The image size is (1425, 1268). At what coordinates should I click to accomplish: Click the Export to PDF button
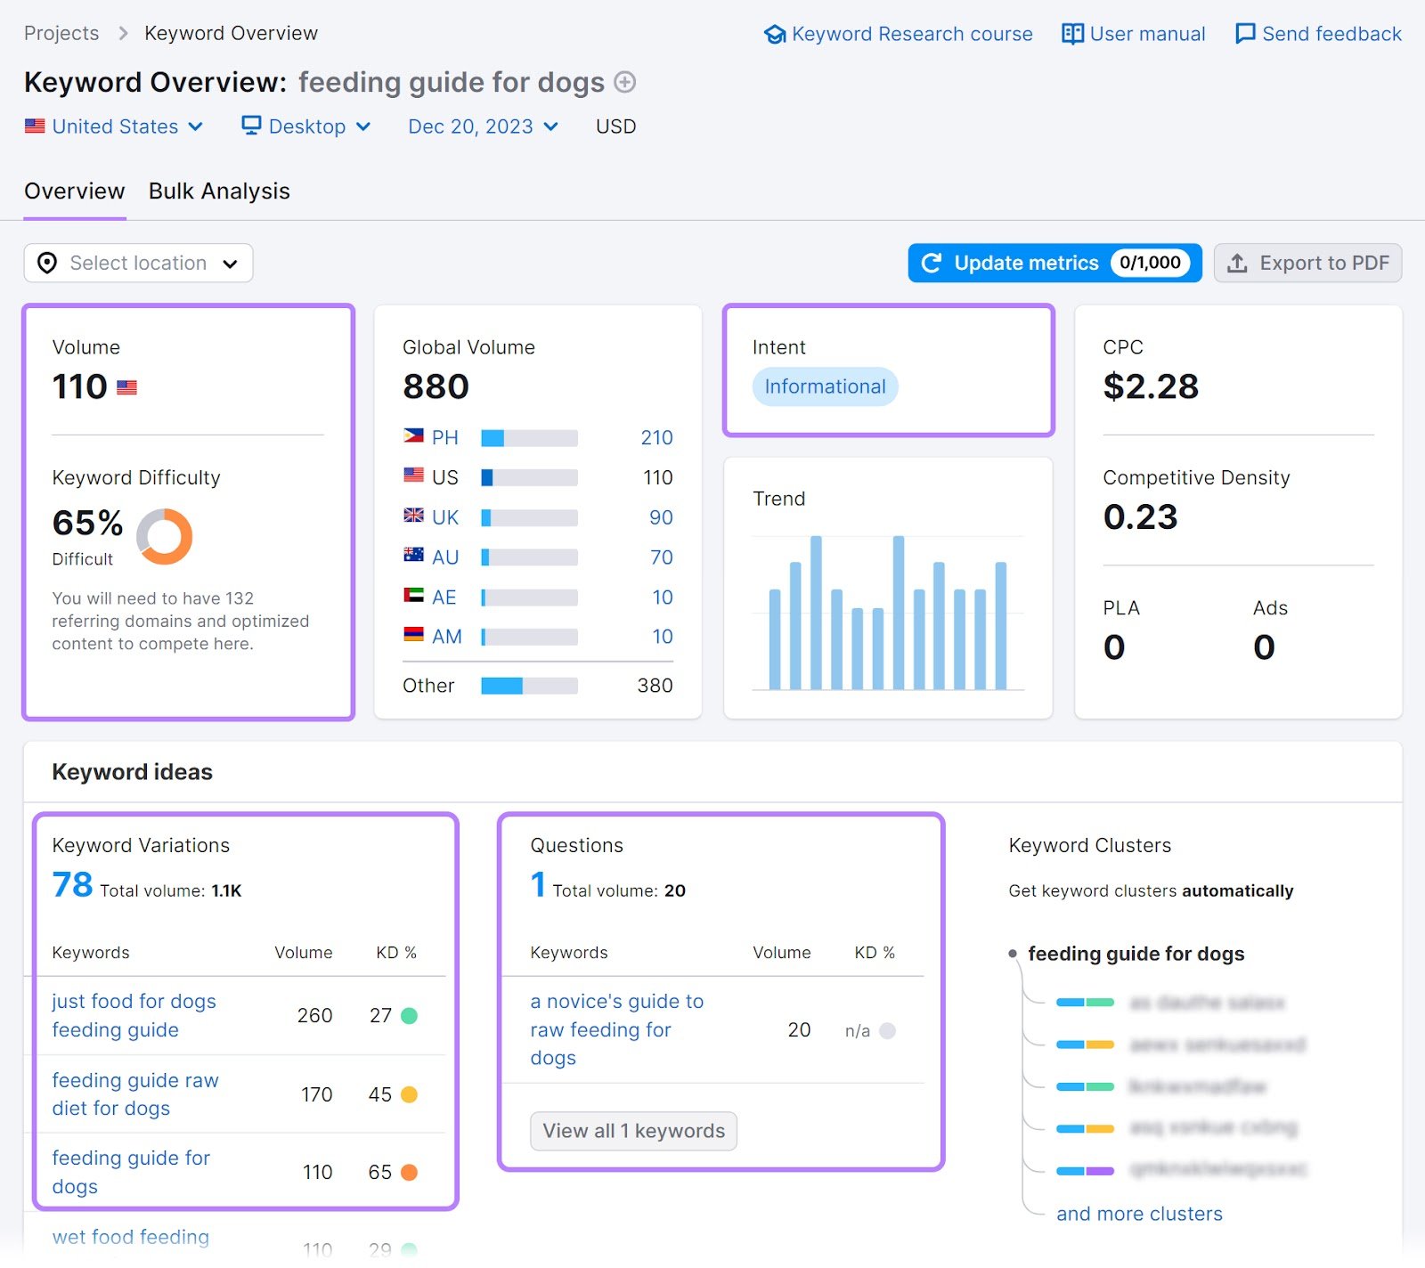point(1307,263)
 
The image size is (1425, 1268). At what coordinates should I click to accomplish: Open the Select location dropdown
point(138,263)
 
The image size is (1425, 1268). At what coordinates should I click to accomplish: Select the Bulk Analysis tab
point(219,191)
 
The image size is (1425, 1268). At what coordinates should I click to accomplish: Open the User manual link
point(1133,34)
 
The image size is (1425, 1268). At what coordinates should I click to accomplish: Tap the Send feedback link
point(1318,34)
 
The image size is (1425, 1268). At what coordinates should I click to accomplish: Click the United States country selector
point(114,126)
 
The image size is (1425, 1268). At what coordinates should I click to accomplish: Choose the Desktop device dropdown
point(306,126)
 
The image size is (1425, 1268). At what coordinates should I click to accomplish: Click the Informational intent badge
point(825,386)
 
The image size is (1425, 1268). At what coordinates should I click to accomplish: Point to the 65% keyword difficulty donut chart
point(165,536)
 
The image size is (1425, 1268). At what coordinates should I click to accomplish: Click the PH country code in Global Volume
point(444,437)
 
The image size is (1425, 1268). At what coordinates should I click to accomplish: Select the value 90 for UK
point(661,517)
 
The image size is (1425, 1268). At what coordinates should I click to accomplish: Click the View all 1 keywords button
point(633,1131)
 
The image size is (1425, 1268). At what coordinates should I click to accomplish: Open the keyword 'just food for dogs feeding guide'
point(134,1015)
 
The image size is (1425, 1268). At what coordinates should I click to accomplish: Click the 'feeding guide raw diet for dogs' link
point(134,1093)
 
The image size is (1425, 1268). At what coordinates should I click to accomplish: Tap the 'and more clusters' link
point(1139,1214)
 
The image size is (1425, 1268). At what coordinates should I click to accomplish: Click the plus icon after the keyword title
point(625,82)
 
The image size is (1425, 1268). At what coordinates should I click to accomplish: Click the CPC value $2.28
point(1151,386)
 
